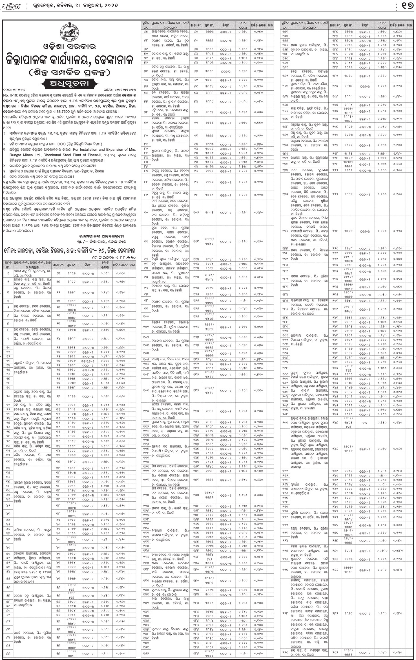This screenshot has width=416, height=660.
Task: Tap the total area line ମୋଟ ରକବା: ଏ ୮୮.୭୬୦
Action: pyautogui.click(x=114, y=258)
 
